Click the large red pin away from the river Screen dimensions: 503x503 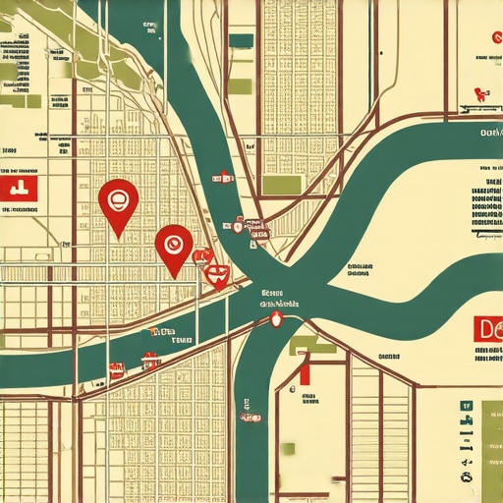118,201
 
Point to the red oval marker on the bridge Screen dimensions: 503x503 276,318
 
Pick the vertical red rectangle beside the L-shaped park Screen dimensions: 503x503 306,369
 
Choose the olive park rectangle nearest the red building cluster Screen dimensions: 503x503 281,184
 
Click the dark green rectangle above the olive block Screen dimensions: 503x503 241,40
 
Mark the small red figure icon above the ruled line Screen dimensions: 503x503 480,94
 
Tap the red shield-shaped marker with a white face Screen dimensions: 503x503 218,276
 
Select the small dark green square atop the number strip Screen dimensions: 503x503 465,406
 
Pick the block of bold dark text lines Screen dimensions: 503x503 485,201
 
